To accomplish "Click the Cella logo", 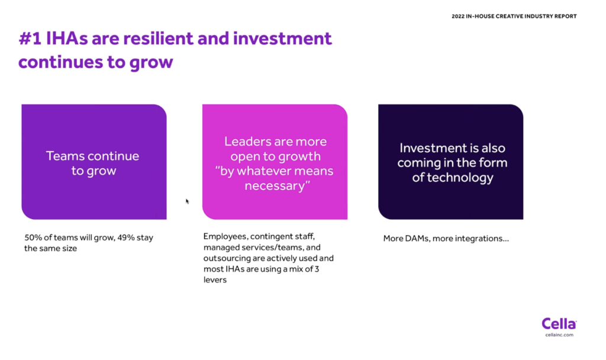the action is click(x=559, y=324).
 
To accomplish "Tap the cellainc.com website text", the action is click(x=559, y=335).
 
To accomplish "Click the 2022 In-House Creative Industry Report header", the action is click(x=514, y=16).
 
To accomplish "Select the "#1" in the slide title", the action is click(x=30, y=38).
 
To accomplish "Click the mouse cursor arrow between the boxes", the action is click(x=187, y=201).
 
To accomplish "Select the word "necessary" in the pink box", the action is click(x=274, y=186).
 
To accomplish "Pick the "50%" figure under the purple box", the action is click(x=33, y=237).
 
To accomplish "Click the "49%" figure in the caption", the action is click(x=125, y=237).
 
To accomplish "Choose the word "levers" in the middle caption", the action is click(x=215, y=280).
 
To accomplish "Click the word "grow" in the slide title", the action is click(x=151, y=63).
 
